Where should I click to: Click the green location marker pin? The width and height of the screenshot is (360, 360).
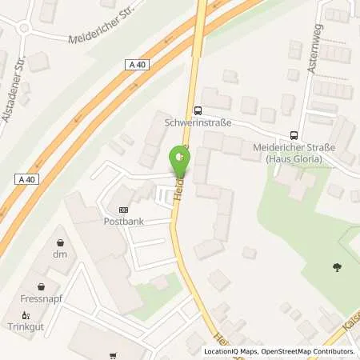(181, 160)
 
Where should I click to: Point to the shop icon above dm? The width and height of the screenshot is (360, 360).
(61, 241)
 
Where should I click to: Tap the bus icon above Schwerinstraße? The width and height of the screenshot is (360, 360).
(197, 111)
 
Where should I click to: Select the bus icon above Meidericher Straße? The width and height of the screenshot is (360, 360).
(294, 135)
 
